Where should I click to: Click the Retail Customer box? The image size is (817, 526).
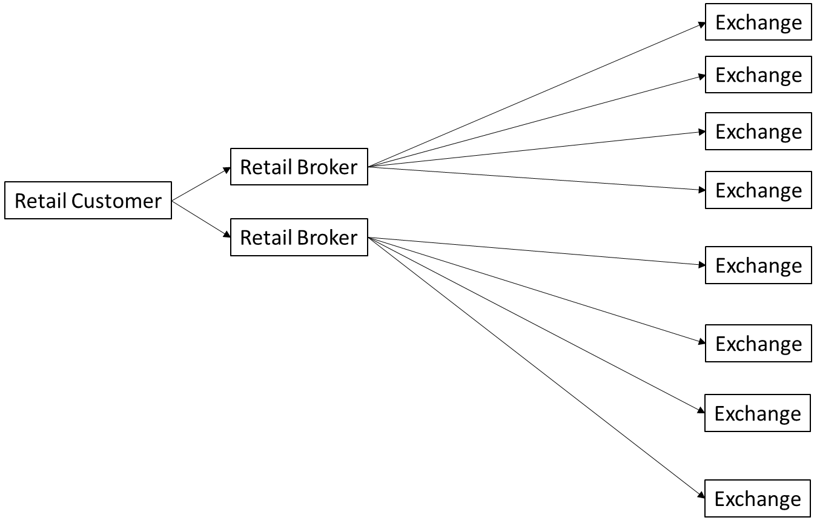88,201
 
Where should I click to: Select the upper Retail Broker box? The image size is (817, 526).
299,167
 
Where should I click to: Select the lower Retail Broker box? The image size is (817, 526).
299,238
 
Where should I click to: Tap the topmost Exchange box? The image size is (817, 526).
758,22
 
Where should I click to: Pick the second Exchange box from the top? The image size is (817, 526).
758,75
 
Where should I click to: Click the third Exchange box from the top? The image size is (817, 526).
758,131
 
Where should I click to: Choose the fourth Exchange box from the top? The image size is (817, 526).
758,190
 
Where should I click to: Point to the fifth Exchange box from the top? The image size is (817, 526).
758,265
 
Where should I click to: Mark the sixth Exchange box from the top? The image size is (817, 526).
758,344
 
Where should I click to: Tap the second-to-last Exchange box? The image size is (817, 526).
758,413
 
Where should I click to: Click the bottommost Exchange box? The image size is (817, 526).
758,499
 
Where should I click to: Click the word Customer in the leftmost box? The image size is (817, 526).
116,201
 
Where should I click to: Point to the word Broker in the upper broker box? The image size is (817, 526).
327,167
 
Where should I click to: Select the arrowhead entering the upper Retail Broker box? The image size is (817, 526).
227,170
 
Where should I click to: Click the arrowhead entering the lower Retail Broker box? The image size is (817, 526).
227,235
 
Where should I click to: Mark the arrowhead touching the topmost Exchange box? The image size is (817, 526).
701,25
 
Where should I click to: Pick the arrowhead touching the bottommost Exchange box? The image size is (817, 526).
701,495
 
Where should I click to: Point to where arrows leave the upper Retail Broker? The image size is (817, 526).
368,167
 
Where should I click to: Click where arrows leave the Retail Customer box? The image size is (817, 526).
172,201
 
